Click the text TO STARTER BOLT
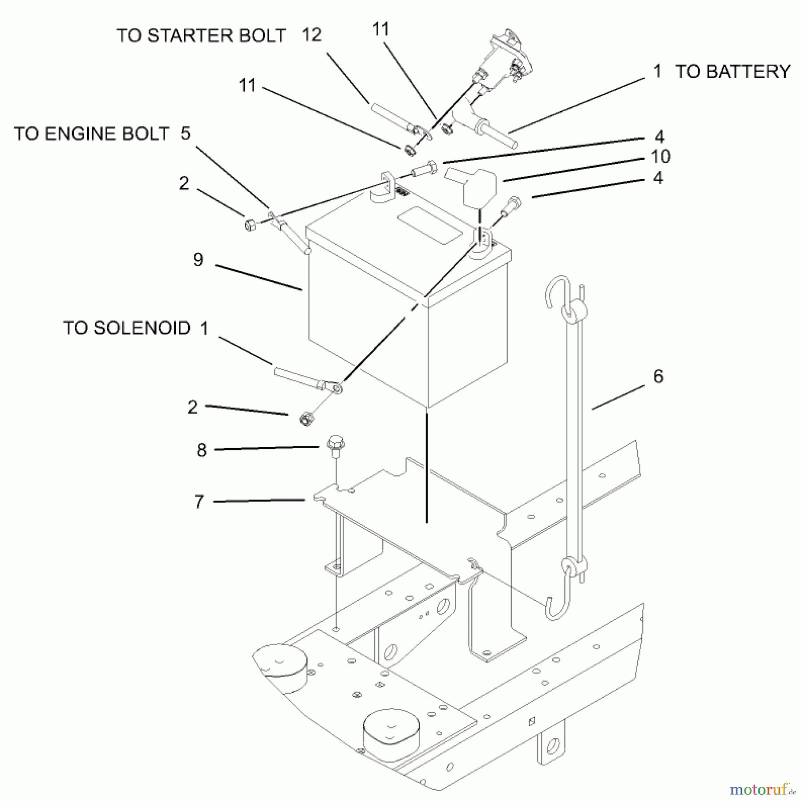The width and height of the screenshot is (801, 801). click(201, 36)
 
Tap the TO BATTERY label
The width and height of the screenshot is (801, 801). click(732, 72)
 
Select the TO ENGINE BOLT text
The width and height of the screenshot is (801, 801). click(92, 133)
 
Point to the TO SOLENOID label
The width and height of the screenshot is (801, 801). click(127, 328)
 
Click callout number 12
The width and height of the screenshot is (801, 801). click(311, 35)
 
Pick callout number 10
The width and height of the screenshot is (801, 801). click(660, 156)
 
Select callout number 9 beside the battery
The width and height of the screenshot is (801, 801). click(198, 259)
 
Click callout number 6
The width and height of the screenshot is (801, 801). click(658, 376)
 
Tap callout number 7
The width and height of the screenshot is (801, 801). click(199, 502)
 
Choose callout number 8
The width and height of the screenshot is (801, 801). click(202, 450)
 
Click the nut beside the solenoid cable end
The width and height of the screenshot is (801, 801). click(305, 419)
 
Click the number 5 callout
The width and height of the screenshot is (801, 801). click(186, 133)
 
